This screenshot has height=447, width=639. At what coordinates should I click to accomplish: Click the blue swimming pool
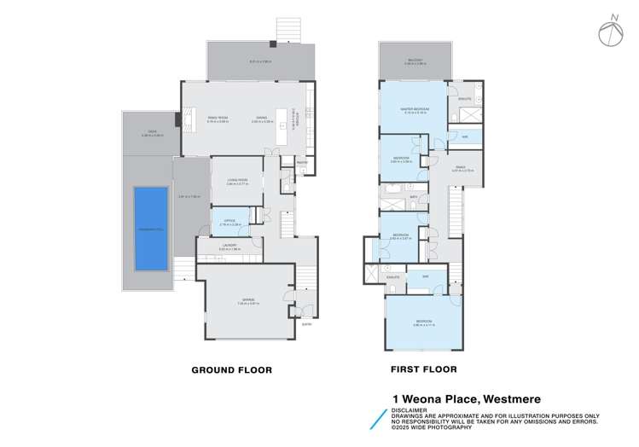[x=150, y=228]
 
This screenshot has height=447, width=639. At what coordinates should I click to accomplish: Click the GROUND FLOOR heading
[x=231, y=370]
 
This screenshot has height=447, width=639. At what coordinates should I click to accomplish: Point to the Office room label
[x=229, y=221]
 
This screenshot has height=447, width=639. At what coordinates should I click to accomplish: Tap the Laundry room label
[x=229, y=247]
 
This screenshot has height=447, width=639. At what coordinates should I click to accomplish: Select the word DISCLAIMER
[x=411, y=408]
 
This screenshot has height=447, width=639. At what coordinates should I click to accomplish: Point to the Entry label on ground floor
[x=306, y=323]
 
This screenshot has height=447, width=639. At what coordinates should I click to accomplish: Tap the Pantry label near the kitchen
[x=301, y=162]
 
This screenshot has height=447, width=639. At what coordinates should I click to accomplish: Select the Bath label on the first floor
[x=413, y=196]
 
